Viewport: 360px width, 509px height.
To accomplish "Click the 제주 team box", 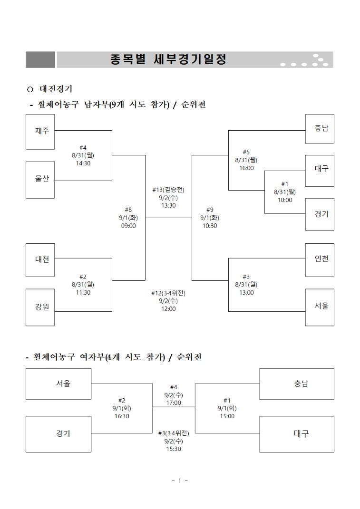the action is (40, 132).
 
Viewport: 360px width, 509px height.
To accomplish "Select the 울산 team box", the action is (40, 180).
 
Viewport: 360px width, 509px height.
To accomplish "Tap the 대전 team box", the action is (40, 260).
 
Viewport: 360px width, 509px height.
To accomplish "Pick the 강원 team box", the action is (40, 307).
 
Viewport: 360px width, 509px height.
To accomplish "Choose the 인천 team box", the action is (320, 260).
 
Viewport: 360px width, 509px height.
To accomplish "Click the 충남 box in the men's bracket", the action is (320, 128).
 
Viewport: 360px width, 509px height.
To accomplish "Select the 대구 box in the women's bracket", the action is (297, 434).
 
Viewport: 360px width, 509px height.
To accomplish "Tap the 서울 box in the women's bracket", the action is (58, 384).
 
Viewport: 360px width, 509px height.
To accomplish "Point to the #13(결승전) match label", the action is (168, 190).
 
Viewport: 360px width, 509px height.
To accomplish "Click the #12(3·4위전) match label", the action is (168, 293).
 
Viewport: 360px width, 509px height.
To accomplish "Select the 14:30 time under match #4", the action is (83, 163).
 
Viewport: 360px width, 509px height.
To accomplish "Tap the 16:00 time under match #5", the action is (246, 168).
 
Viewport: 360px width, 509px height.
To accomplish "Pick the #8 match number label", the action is (128, 210).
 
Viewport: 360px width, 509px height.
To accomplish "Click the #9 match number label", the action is (210, 210).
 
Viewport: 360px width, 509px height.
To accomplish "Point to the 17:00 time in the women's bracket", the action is (174, 403).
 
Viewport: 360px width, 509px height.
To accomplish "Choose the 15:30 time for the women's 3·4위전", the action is (174, 449).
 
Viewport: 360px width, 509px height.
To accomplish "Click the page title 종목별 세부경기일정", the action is (168, 59).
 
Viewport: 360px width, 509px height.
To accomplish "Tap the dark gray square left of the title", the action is (40, 60).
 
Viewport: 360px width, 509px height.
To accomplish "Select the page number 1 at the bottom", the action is (180, 480).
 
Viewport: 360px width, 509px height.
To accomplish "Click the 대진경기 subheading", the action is (56, 88).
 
